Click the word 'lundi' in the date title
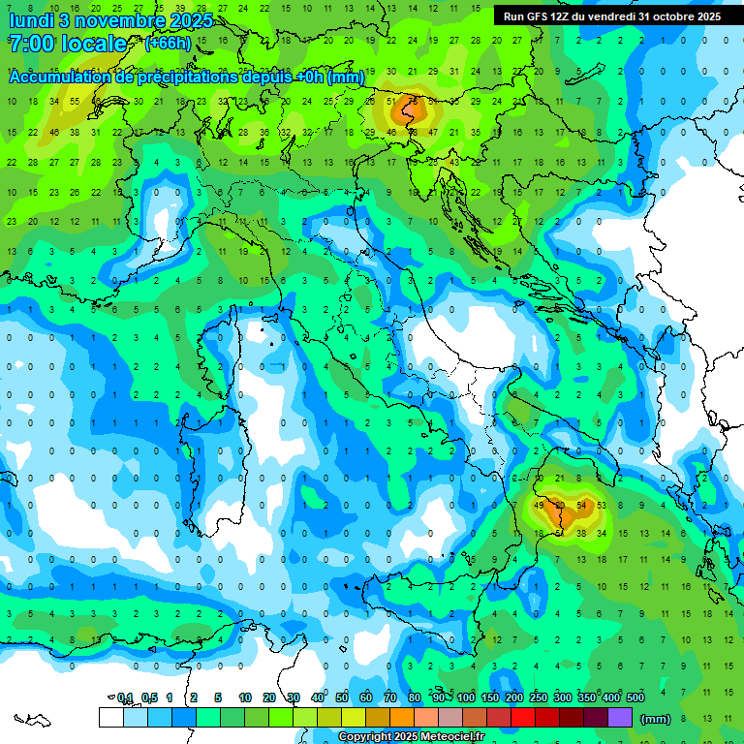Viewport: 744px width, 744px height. (x=32, y=20)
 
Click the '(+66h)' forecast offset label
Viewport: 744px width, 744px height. (x=169, y=44)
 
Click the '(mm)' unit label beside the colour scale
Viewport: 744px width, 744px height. (x=656, y=719)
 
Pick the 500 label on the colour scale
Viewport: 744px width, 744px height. (x=635, y=698)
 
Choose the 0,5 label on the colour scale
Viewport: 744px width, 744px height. (x=149, y=698)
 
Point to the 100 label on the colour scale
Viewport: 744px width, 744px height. (x=466, y=698)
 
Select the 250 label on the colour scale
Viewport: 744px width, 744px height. (x=539, y=698)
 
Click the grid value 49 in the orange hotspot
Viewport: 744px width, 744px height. (x=539, y=506)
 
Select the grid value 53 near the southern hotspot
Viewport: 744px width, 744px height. (x=602, y=506)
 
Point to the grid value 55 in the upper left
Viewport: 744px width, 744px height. (x=75, y=102)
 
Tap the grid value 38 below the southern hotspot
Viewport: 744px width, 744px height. (x=581, y=533)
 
